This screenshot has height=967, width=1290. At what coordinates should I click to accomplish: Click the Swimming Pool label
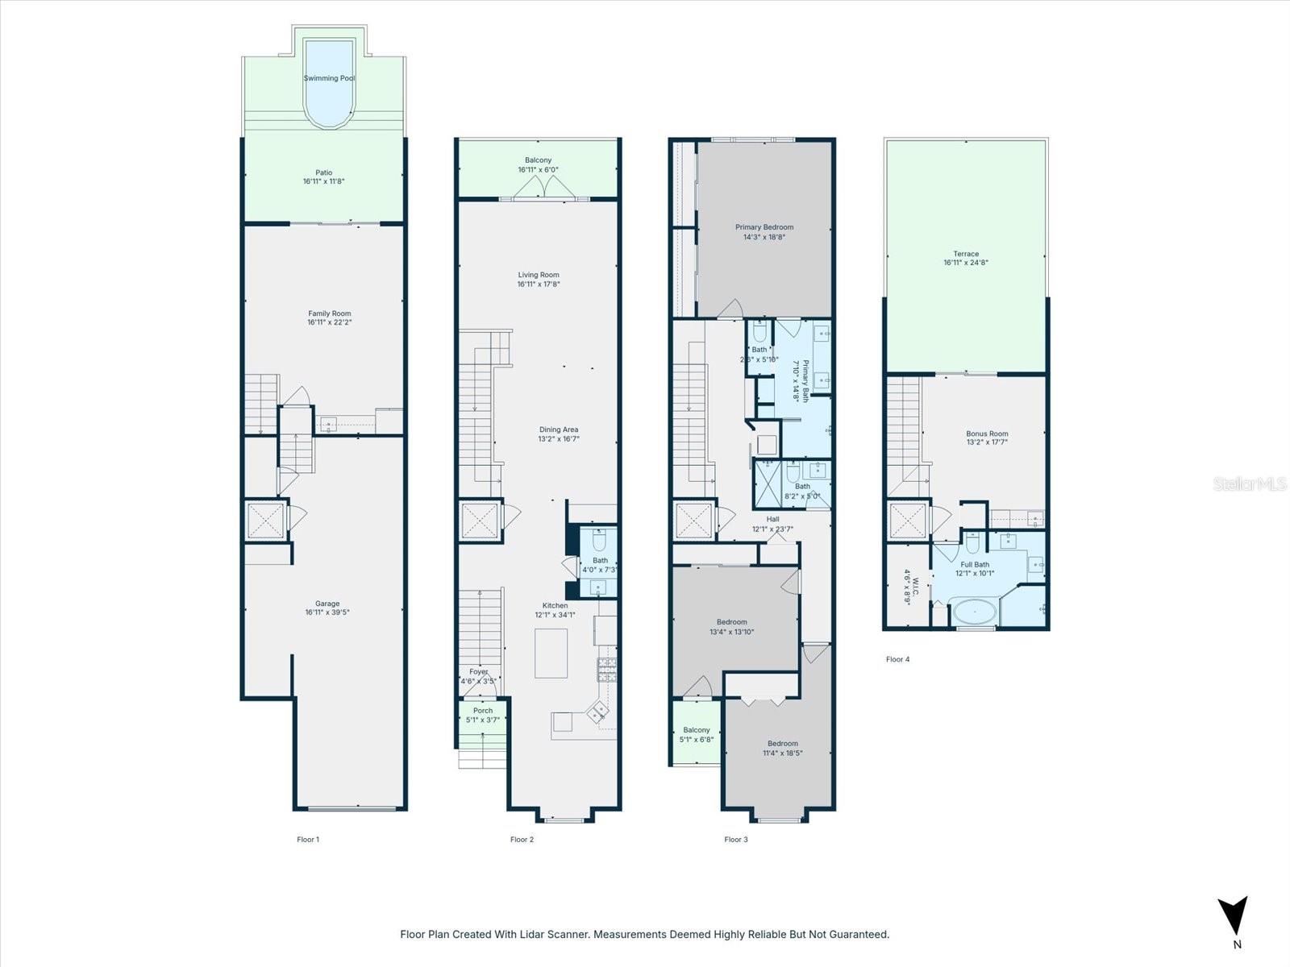(329, 78)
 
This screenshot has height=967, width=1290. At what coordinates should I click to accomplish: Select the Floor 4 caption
(897, 659)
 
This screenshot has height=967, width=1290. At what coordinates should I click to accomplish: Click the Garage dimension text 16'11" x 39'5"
(327, 612)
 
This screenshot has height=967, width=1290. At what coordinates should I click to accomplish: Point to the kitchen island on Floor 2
(551, 653)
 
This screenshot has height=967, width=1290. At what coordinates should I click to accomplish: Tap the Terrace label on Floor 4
(966, 254)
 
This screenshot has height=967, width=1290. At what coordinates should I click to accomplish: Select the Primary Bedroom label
(764, 227)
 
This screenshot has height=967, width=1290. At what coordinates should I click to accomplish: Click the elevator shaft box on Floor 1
(265, 521)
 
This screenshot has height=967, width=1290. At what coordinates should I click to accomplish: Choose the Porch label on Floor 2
(483, 711)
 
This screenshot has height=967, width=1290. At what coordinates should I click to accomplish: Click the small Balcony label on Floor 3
(697, 730)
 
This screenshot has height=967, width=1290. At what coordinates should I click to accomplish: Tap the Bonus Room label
(987, 434)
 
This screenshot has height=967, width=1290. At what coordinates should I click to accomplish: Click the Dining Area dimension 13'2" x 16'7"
(559, 439)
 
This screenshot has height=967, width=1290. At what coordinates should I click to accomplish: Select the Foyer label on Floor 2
(478, 671)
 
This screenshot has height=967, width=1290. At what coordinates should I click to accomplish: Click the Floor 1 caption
(308, 840)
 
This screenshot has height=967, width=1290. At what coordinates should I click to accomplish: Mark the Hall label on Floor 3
(772, 520)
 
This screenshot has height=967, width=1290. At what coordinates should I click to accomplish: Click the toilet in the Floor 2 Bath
(599, 538)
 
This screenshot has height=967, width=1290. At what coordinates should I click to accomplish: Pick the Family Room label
(329, 313)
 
